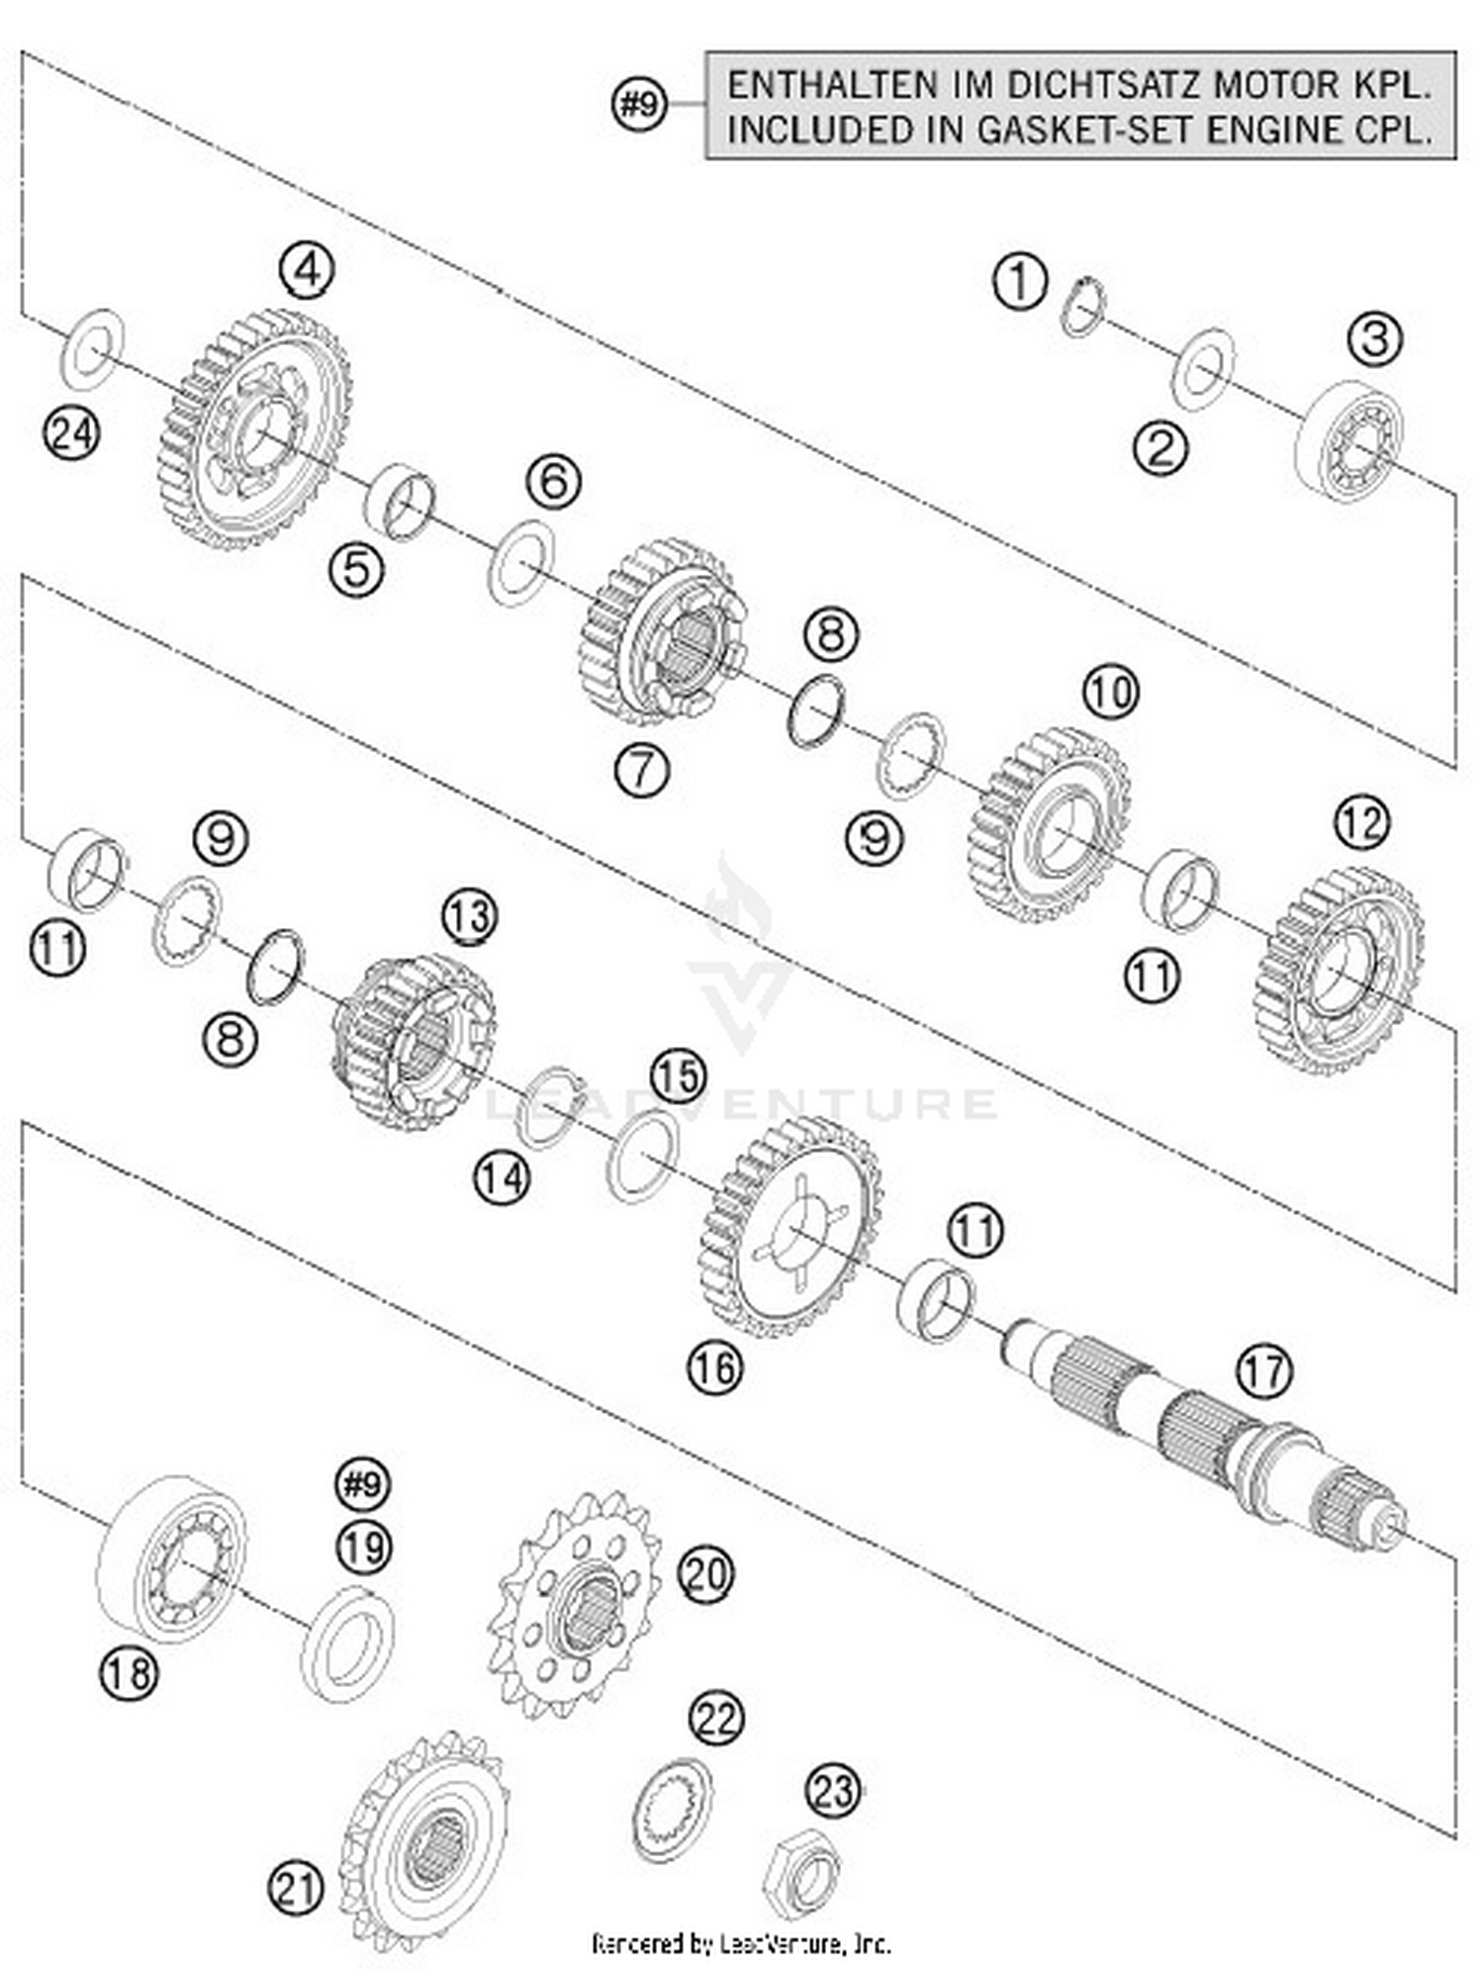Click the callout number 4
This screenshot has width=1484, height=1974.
pyautogui.click(x=306, y=269)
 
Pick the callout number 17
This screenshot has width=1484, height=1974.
pyautogui.click(x=1264, y=1371)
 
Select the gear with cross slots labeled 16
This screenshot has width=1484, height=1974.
pyautogui.click(x=791, y=1227)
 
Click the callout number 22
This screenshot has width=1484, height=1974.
pyautogui.click(x=714, y=1719)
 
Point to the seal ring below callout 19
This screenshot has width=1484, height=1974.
pyautogui.click(x=346, y=1645)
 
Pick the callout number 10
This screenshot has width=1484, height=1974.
pyautogui.click(x=1110, y=692)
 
